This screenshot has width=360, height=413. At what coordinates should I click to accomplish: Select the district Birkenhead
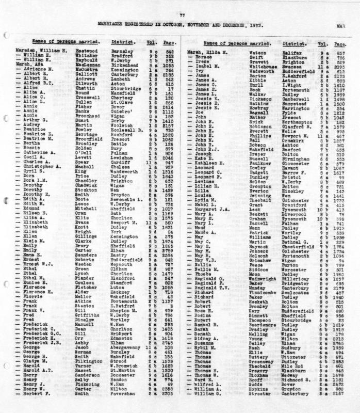[x=124, y=65]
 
